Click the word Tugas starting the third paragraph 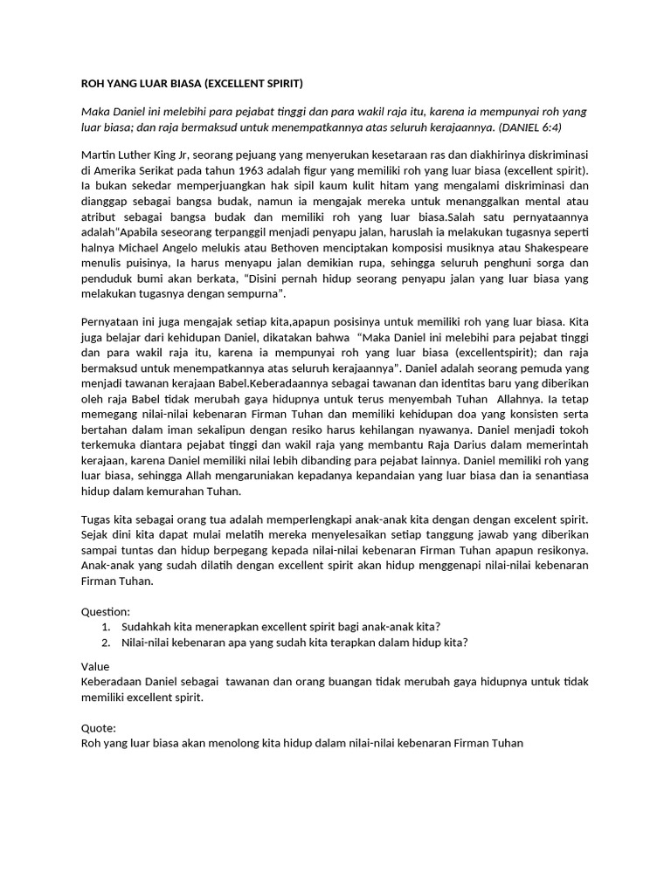point(97,519)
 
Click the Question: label point(106,611)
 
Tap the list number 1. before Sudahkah point(106,627)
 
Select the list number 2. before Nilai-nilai point(106,643)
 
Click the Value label point(95,666)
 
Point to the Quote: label point(98,727)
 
